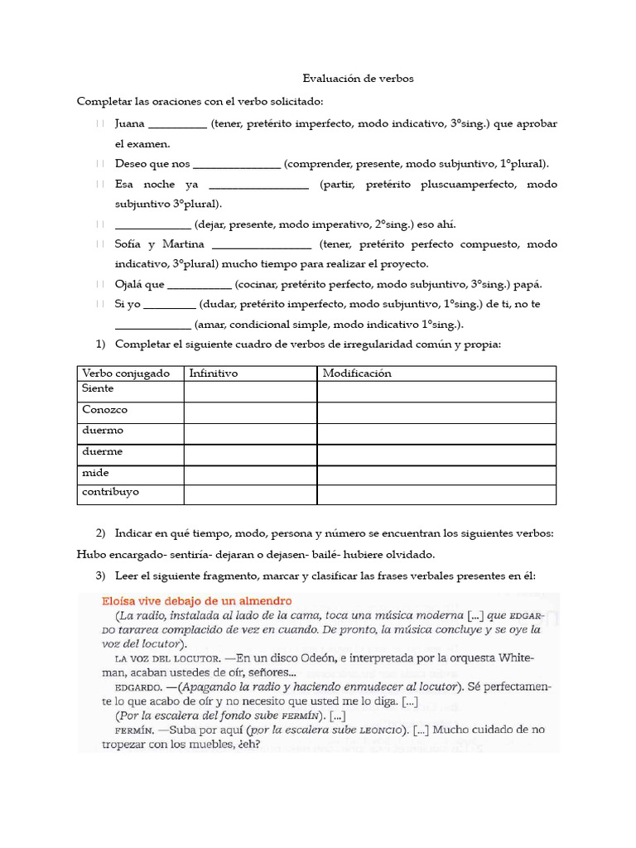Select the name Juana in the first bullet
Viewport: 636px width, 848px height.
click(130, 123)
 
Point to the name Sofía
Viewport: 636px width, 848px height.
click(129, 244)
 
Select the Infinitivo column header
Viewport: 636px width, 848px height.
click(214, 373)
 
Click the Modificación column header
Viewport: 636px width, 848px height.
click(357, 373)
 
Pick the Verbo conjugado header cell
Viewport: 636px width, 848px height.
click(126, 373)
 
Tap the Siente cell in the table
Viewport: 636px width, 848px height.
click(99, 388)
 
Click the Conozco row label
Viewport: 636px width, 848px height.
click(105, 409)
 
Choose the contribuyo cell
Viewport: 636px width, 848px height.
click(111, 492)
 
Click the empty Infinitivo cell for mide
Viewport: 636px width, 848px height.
click(250, 475)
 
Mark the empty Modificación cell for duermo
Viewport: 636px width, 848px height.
click(436, 433)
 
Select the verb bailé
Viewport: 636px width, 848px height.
click(313, 554)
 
